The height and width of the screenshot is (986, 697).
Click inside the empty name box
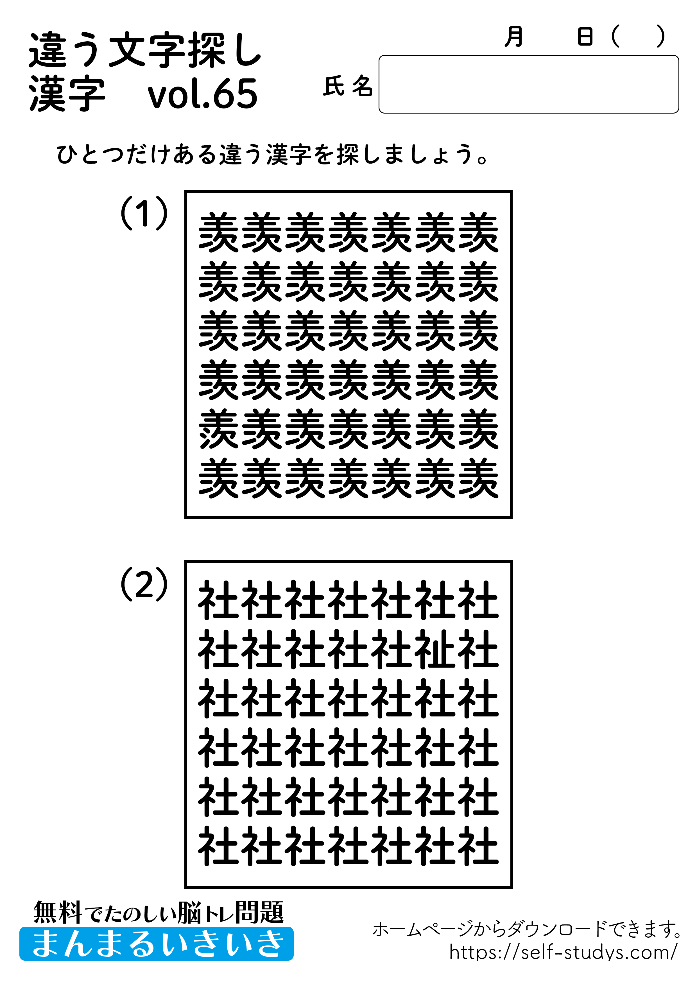point(528,84)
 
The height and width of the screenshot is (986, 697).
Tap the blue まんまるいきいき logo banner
point(157,944)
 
